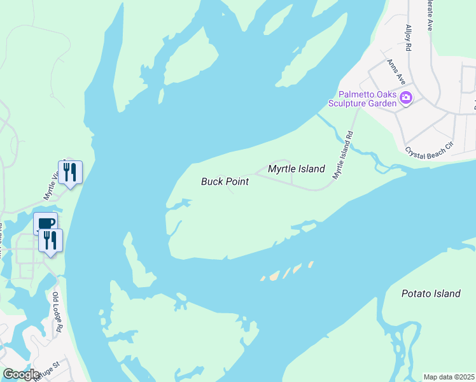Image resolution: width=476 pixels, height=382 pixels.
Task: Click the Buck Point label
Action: pyautogui.click(x=225, y=181)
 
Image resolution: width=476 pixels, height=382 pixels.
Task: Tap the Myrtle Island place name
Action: pyautogui.click(x=296, y=169)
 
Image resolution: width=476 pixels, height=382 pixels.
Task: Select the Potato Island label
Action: pyautogui.click(x=431, y=294)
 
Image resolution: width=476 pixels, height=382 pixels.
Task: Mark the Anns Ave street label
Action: pyautogui.click(x=396, y=72)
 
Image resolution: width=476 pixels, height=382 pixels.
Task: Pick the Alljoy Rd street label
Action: pyautogui.click(x=409, y=39)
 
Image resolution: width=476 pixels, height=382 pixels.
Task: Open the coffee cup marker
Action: pyautogui.click(x=46, y=223)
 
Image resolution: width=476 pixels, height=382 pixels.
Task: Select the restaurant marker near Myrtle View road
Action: pyautogui.click(x=70, y=172)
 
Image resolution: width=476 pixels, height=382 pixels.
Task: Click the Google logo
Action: pyautogui.click(x=21, y=374)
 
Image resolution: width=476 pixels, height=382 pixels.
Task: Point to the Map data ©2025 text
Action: pyautogui.click(x=449, y=377)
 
